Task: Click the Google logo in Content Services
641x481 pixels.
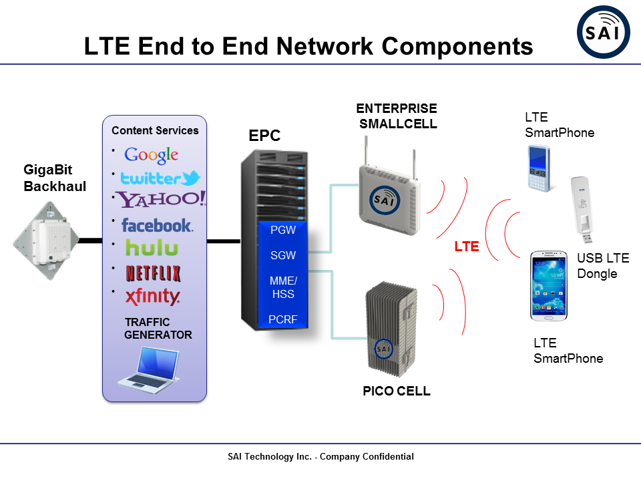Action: (x=152, y=155)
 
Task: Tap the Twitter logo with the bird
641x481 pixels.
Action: (x=160, y=178)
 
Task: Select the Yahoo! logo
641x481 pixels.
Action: (x=161, y=199)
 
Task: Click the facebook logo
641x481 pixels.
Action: (x=157, y=226)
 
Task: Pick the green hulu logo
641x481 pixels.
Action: (x=152, y=249)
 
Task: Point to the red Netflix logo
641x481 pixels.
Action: (x=154, y=273)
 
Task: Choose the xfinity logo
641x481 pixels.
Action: (x=153, y=297)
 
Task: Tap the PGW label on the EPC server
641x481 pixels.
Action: (x=283, y=230)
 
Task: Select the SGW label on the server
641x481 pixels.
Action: (x=283, y=255)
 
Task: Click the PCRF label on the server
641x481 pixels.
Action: (x=283, y=319)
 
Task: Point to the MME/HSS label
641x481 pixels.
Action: (x=283, y=287)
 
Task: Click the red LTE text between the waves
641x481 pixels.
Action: (x=467, y=247)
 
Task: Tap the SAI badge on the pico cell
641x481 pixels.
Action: (x=383, y=349)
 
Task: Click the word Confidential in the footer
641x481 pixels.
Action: (x=389, y=457)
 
